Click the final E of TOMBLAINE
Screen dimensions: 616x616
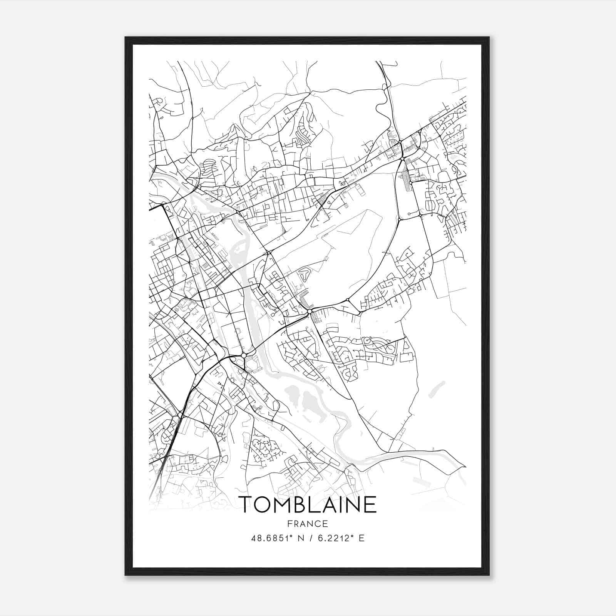point(370,504)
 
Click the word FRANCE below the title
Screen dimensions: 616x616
point(308,524)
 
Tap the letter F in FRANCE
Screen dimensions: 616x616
point(290,524)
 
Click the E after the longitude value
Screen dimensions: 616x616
point(362,538)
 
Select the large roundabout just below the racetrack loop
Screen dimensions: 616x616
point(310,311)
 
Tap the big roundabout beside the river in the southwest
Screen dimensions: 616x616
point(243,355)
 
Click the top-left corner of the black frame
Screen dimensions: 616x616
point(126,38)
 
